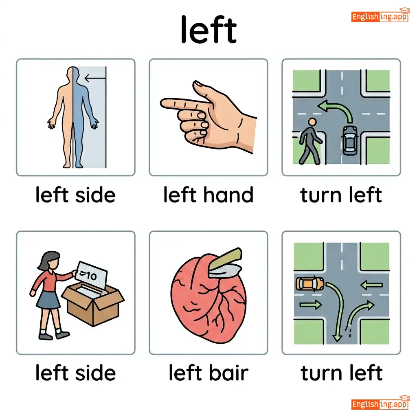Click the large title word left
pyautogui.click(x=208, y=29)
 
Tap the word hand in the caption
pyautogui.click(x=228, y=195)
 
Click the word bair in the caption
pyautogui.click(x=228, y=373)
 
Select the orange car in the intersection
pyautogui.click(x=310, y=283)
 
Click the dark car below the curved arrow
pyautogui.click(x=350, y=140)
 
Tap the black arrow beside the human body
pyautogui.click(x=95, y=78)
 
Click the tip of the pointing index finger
pyautogui.click(x=161, y=103)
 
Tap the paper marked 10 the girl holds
pyautogui.click(x=91, y=275)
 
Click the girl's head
pyautogui.click(x=50, y=260)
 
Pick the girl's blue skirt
pyautogui.click(x=48, y=300)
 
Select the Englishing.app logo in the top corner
pyautogui.click(x=380, y=16)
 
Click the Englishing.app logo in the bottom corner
pyautogui.click(x=380, y=403)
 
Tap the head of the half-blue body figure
pyautogui.click(x=73, y=73)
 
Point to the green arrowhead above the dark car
pyautogui.click(x=323, y=106)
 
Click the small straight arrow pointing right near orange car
pyautogui.click(x=310, y=304)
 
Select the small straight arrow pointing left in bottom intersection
pyautogui.click(x=371, y=285)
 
